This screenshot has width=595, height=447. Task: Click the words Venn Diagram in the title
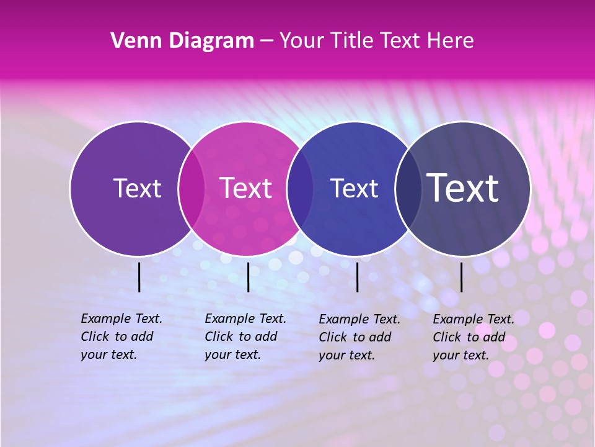pos(182,41)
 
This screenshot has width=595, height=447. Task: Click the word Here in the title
pos(450,41)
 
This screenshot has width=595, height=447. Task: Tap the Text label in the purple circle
pos(137,188)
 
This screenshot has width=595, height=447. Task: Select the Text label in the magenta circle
pos(245,188)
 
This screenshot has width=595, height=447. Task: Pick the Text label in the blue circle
pos(354,188)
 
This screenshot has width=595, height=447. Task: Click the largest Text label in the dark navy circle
pos(462,187)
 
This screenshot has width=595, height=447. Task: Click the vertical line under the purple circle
pos(139,277)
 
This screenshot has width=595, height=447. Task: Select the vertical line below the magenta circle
pos(248,277)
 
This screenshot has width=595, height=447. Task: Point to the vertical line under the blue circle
pos(357,277)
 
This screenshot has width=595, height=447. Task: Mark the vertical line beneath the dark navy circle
pos(461,277)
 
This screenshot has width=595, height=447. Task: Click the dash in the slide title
pos(267,42)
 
